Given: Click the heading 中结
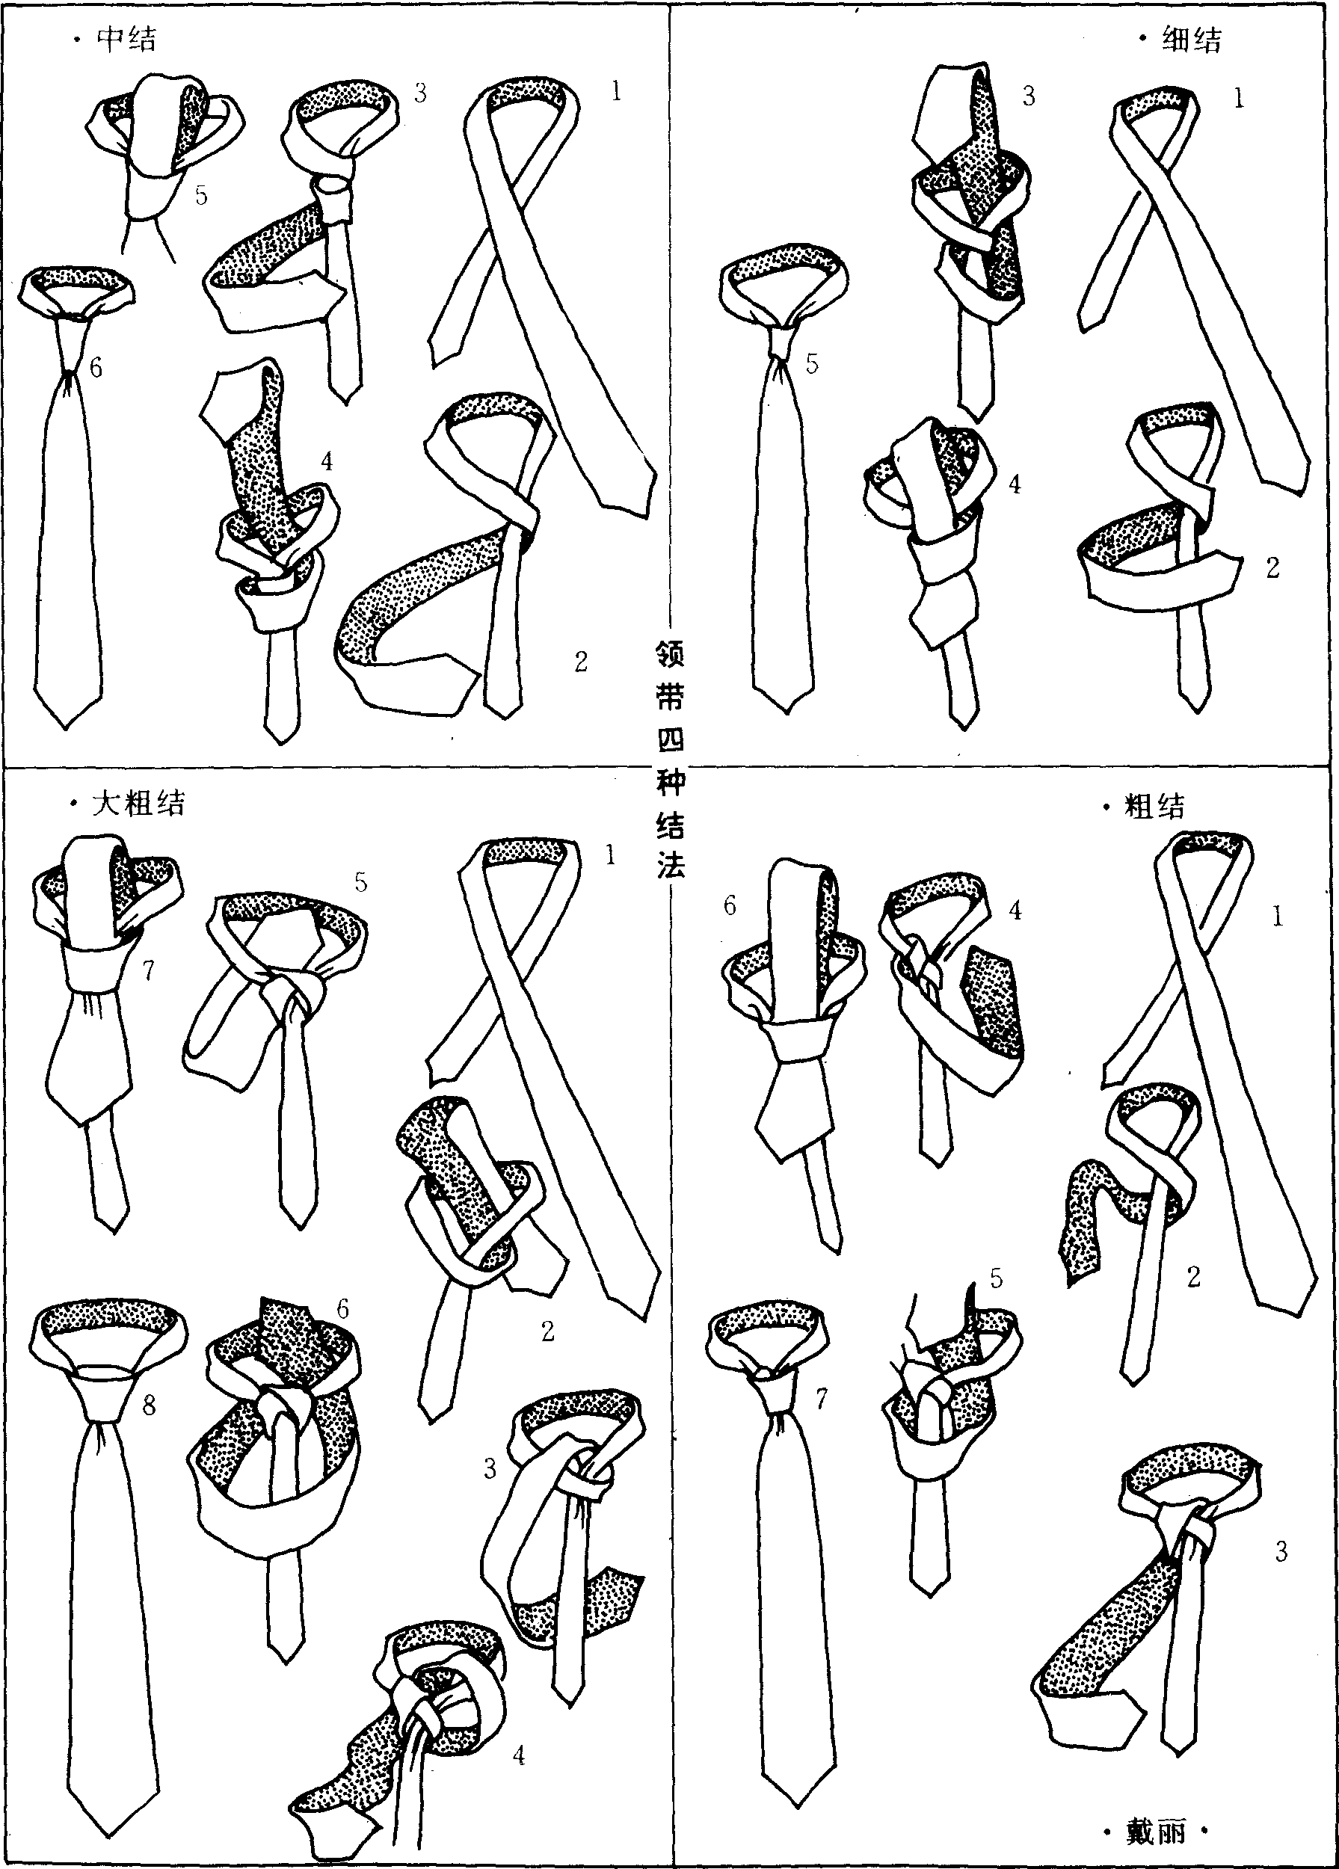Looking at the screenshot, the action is (x=126, y=39).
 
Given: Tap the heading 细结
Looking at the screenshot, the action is (x=1192, y=39).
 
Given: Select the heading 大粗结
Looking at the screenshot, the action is (x=138, y=803).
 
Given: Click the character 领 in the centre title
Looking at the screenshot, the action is (x=670, y=655).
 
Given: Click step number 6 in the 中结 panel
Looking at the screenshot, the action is (x=96, y=368).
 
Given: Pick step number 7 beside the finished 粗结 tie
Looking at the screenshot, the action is (x=821, y=1399).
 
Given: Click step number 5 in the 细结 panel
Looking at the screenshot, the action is (x=813, y=363).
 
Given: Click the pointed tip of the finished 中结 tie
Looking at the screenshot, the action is (x=66, y=727).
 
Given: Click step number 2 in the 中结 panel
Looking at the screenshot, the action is (x=581, y=662).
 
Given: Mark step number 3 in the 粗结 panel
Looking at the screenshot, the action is (x=1281, y=1552).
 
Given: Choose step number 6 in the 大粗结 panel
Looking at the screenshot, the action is (x=342, y=1308).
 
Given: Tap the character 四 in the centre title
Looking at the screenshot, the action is (x=670, y=739).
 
